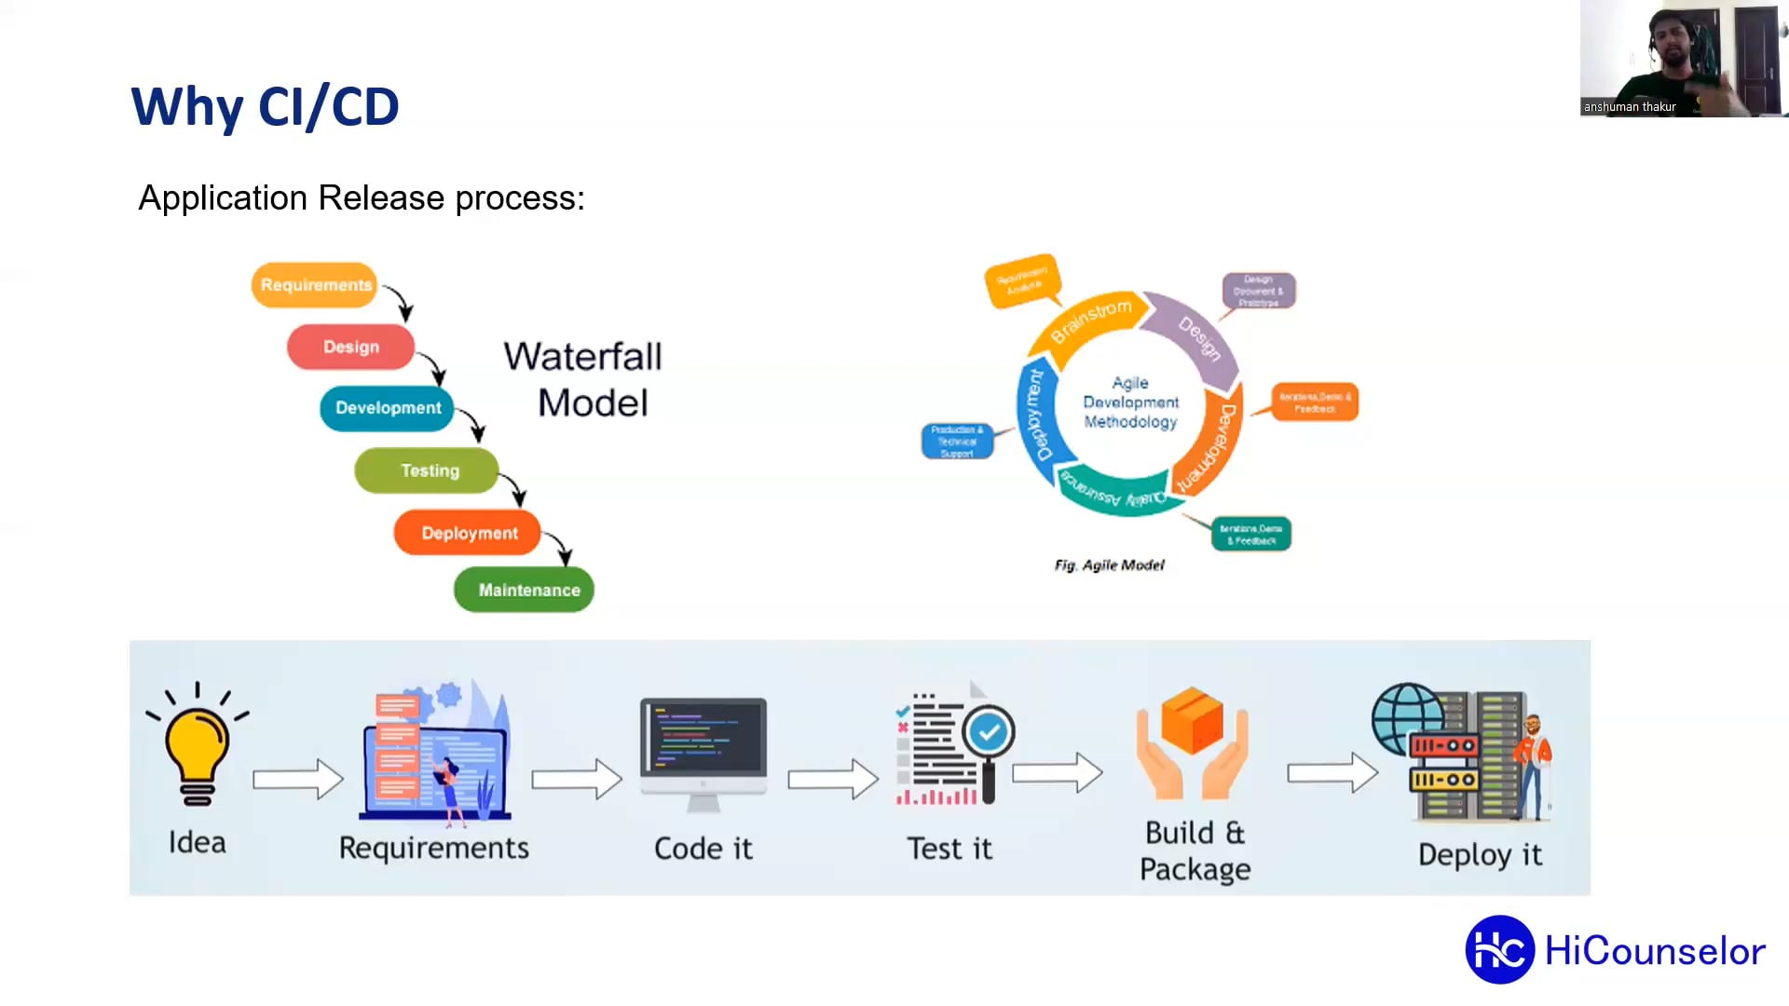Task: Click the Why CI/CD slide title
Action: (x=265, y=106)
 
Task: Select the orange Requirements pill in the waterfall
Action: (x=315, y=285)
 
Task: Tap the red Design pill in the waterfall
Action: (x=350, y=347)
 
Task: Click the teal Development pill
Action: (x=388, y=408)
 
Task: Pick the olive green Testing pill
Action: (x=429, y=470)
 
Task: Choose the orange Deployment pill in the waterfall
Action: (x=469, y=533)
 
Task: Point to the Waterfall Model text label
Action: (x=584, y=379)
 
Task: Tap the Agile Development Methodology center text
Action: (x=1130, y=402)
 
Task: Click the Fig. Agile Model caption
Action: (x=1109, y=565)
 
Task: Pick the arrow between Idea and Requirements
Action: (x=298, y=779)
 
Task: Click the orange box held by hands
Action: (x=1192, y=719)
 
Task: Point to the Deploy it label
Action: (x=1480, y=854)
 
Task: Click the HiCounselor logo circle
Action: (x=1499, y=950)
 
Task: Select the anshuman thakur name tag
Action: (x=1630, y=107)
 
